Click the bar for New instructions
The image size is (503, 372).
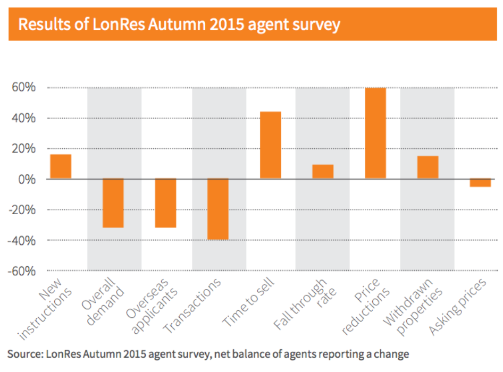point(61,166)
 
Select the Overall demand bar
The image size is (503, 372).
point(113,203)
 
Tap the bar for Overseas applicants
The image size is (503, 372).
point(165,203)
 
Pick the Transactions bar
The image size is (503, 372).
point(218,209)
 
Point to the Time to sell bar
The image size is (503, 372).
point(270,145)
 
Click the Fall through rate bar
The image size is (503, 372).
point(323,172)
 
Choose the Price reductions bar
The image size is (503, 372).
point(375,133)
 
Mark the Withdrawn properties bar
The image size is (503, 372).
point(427,167)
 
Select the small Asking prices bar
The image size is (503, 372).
point(480,183)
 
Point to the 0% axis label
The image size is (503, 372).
point(27,179)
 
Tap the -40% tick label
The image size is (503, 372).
point(22,240)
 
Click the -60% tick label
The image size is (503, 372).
point(22,271)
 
